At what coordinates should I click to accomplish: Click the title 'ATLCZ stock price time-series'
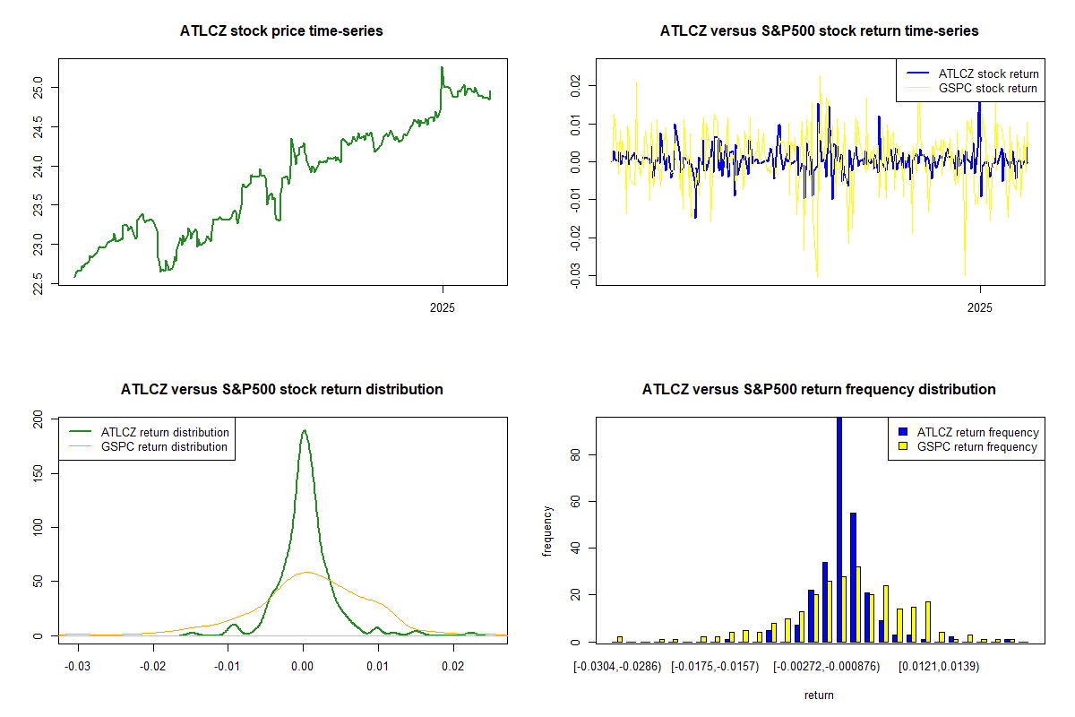[282, 31]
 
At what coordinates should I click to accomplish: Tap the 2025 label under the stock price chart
[443, 307]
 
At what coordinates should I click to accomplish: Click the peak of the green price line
[442, 67]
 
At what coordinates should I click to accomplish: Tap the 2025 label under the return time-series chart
[981, 307]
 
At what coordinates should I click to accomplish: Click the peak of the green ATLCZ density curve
[304, 430]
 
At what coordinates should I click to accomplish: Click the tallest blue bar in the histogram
[839, 529]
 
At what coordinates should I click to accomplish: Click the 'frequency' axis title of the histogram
[548, 531]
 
